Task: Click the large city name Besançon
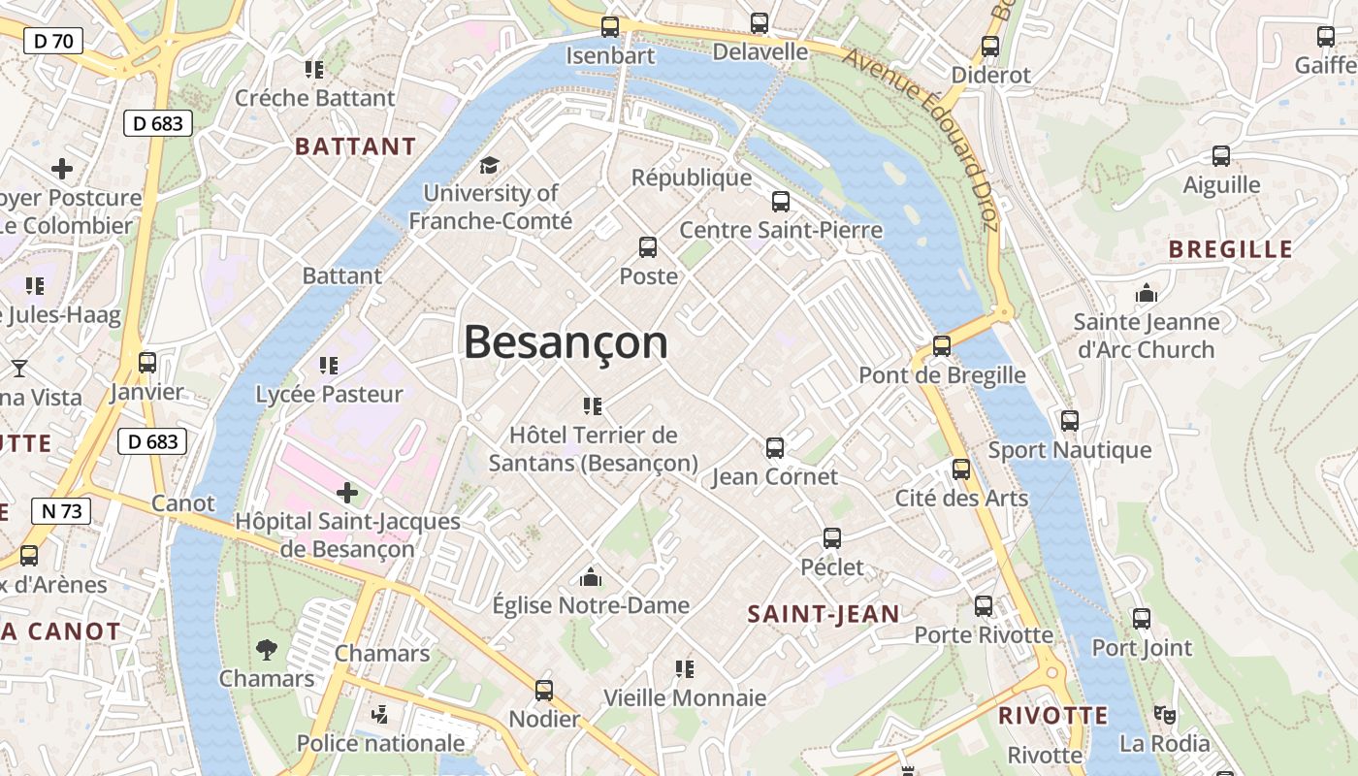pyautogui.click(x=566, y=342)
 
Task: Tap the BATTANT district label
pyautogui.click(x=355, y=146)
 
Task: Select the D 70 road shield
pyautogui.click(x=53, y=41)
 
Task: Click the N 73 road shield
pyautogui.click(x=61, y=511)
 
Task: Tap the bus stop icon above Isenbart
pyautogui.click(x=610, y=27)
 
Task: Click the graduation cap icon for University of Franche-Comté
pyautogui.click(x=489, y=165)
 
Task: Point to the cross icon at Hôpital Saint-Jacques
pyautogui.click(x=347, y=493)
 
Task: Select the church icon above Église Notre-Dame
pyautogui.click(x=590, y=578)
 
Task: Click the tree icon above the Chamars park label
pyautogui.click(x=266, y=650)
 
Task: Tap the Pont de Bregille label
pyautogui.click(x=942, y=374)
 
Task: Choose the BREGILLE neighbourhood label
pyautogui.click(x=1230, y=249)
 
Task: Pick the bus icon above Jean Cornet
pyautogui.click(x=774, y=448)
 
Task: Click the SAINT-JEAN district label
pyautogui.click(x=824, y=613)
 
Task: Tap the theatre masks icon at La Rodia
pyautogui.click(x=1165, y=715)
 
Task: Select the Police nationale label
pyautogui.click(x=380, y=743)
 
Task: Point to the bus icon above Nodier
pyautogui.click(x=544, y=691)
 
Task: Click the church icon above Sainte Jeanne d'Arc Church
pyautogui.click(x=1147, y=293)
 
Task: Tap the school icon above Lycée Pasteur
pyautogui.click(x=329, y=366)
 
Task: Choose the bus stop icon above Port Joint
pyautogui.click(x=1142, y=619)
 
